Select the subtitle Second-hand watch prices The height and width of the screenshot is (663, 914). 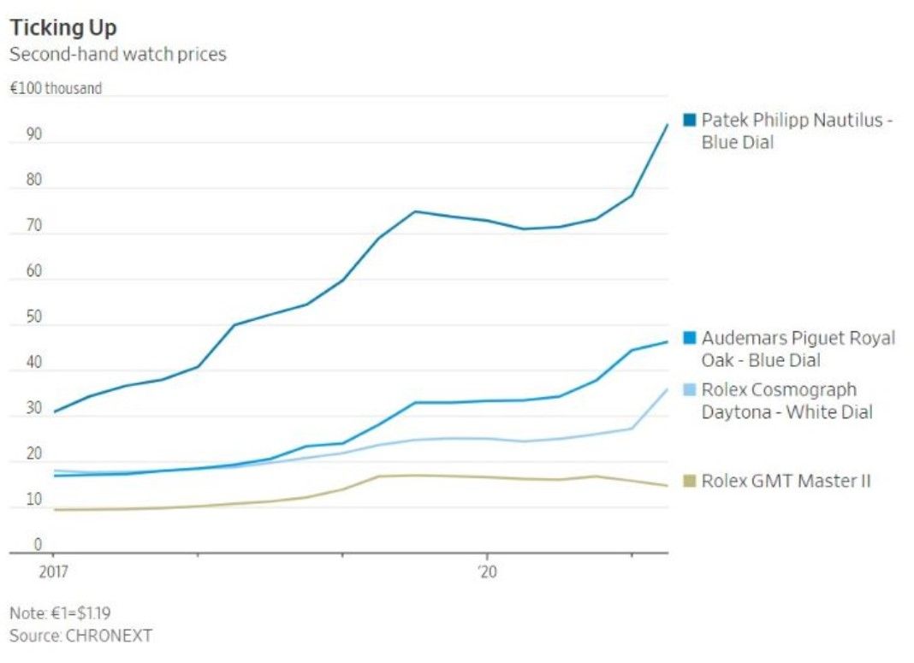pyautogui.click(x=117, y=54)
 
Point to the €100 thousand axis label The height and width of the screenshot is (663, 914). pyautogui.click(x=56, y=88)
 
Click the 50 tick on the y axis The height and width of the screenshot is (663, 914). pyautogui.click(x=33, y=317)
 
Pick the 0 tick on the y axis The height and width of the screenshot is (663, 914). pyautogui.click(x=37, y=544)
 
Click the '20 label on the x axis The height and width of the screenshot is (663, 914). pyautogui.click(x=487, y=571)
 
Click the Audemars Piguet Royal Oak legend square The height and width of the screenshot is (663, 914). pyautogui.click(x=689, y=338)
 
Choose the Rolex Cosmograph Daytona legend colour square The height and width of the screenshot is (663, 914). pyautogui.click(x=689, y=390)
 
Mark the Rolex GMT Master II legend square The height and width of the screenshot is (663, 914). pyautogui.click(x=689, y=481)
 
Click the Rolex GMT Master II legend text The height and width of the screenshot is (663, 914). pyautogui.click(x=786, y=481)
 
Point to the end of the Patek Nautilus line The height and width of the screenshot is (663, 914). pyautogui.click(x=668, y=124)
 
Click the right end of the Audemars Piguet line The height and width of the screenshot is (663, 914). pyautogui.click(x=668, y=342)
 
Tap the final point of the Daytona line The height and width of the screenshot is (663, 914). pyautogui.click(x=668, y=389)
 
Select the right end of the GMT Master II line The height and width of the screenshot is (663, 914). pyautogui.click(x=668, y=486)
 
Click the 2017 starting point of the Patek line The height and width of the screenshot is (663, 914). pyautogui.click(x=55, y=412)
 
